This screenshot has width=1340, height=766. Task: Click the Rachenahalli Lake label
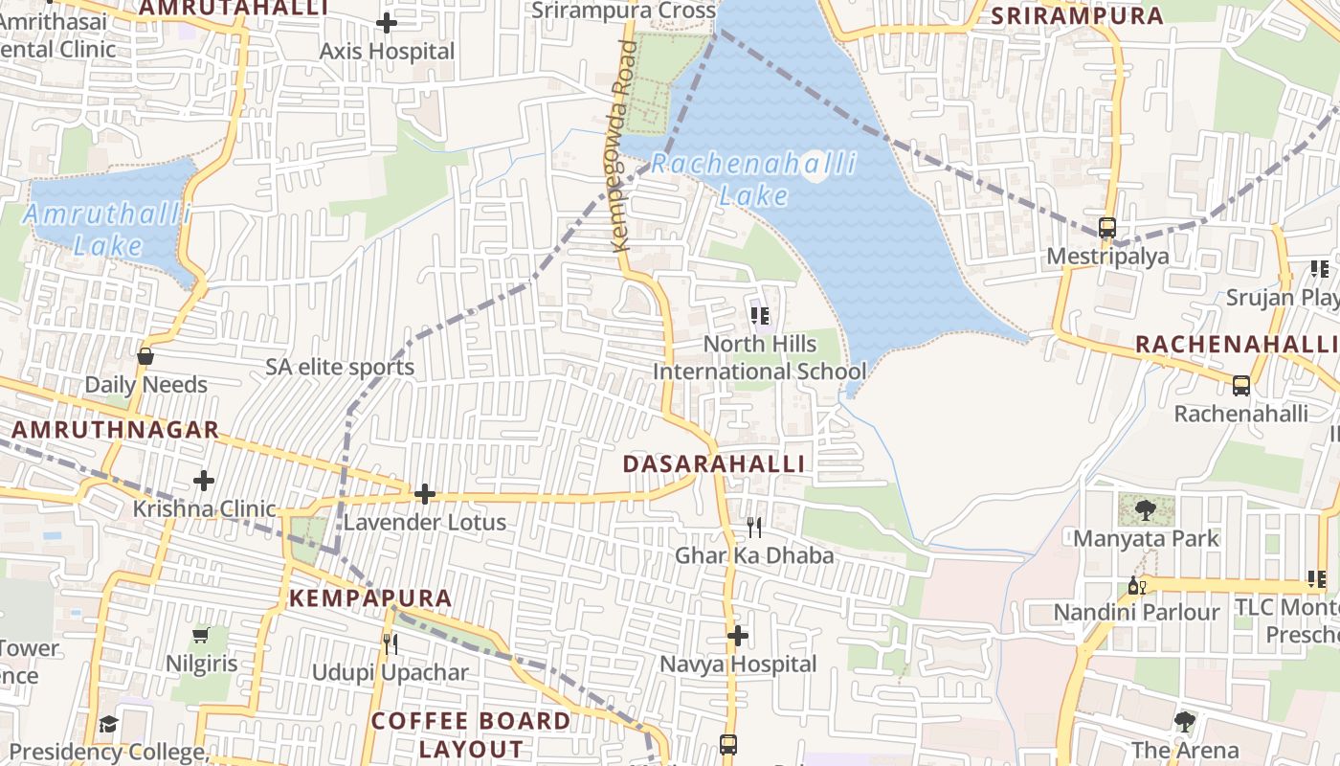click(x=754, y=179)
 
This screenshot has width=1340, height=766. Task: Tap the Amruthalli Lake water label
click(x=108, y=229)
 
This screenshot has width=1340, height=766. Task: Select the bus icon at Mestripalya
click(x=1107, y=228)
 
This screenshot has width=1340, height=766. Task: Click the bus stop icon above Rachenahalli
click(x=1241, y=386)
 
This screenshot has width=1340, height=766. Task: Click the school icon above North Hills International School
click(x=761, y=315)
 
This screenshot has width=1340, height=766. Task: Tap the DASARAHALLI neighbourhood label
click(x=714, y=463)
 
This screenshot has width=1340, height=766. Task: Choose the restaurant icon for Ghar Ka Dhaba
click(x=754, y=528)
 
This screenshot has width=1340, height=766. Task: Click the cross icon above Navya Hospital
click(x=738, y=636)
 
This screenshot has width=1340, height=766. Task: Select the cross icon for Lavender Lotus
click(x=425, y=494)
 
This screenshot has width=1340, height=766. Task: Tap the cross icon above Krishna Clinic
click(x=204, y=480)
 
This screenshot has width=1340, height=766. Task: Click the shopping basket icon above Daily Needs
click(x=145, y=356)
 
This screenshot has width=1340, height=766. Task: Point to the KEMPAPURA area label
click(x=370, y=598)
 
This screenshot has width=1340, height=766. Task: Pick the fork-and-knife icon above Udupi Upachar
click(x=391, y=643)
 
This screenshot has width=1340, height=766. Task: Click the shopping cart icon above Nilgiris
click(x=201, y=636)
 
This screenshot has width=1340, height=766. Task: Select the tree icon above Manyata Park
click(x=1146, y=509)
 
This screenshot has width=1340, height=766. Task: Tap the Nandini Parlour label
click(x=1137, y=612)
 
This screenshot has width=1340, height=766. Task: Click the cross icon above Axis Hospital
click(x=387, y=22)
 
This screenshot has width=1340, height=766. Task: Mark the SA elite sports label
click(x=340, y=367)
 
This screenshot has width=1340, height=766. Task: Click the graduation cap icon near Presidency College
click(x=108, y=724)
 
